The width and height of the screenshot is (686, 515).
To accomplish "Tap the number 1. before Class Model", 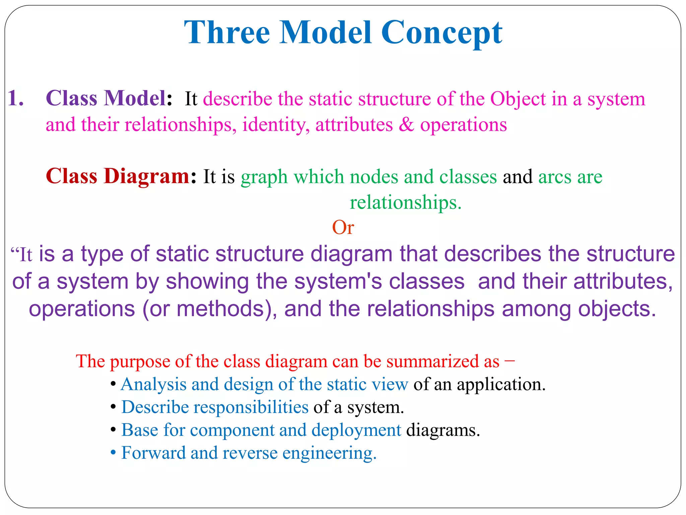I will (x=16, y=99).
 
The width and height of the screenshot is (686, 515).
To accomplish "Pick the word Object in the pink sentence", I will (x=518, y=99).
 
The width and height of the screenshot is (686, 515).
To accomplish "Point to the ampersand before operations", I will (x=406, y=125).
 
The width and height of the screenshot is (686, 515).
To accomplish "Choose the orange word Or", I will (x=343, y=228).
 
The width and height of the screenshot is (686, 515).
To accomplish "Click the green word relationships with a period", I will (x=405, y=203).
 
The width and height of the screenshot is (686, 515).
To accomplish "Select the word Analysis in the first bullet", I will (x=153, y=384).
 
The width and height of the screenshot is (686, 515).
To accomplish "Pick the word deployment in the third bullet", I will (x=356, y=430).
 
